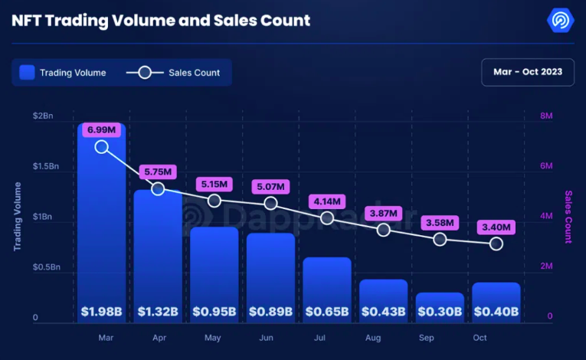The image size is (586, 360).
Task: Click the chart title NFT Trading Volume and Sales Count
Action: point(161,20)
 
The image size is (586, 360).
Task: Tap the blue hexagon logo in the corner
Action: point(561,21)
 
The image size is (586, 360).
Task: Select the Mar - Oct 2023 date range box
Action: point(528,72)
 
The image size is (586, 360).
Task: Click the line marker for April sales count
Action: point(158,188)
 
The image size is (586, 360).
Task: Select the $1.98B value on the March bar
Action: point(101,312)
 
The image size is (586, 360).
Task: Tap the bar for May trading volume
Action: point(214,268)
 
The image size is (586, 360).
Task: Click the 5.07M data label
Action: point(270,185)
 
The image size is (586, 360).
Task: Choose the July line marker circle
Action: point(327,218)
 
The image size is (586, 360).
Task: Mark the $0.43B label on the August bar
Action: point(384,312)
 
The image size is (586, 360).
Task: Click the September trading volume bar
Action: point(440,303)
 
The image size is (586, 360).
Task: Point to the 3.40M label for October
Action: point(496,227)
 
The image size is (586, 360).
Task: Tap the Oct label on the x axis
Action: point(480,338)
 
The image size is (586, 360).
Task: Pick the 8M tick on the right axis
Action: point(547,116)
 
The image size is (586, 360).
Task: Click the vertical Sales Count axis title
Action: point(568,217)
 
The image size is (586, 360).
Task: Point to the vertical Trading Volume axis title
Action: point(17,217)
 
